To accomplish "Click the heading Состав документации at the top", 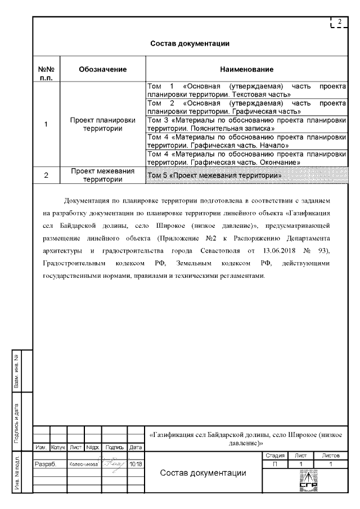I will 191,43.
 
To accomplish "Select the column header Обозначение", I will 102,70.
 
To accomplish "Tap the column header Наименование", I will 246,70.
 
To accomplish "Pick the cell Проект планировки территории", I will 102,124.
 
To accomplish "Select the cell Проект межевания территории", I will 102,175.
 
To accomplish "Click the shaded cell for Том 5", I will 246,175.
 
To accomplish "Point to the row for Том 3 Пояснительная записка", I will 246,124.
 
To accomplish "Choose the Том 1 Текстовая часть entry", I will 246,91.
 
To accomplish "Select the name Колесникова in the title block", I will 84,465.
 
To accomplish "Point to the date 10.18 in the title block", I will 136,465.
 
